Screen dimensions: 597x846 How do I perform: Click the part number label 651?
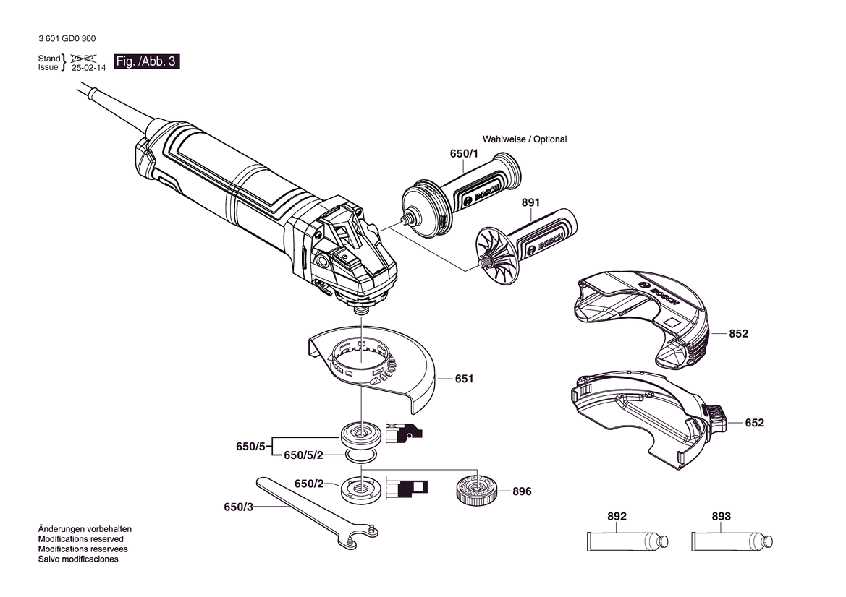point(464,378)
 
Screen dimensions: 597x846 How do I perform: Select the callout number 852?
point(738,334)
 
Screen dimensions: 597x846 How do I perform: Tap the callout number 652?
point(754,423)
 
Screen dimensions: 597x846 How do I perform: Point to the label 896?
point(521,491)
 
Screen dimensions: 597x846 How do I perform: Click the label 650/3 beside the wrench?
point(238,507)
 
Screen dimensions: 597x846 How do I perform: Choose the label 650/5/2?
point(303,455)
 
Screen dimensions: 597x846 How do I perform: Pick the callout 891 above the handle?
point(530,202)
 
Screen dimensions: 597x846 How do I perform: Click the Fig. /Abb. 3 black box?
point(146,61)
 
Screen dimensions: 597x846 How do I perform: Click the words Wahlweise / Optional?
point(525,139)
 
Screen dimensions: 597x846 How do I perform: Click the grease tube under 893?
point(731,540)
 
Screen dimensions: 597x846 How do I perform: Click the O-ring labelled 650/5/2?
point(360,455)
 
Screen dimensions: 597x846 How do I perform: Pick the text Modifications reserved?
point(80,539)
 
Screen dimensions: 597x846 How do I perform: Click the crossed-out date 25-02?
point(85,57)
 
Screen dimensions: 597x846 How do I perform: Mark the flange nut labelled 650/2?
point(360,490)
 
